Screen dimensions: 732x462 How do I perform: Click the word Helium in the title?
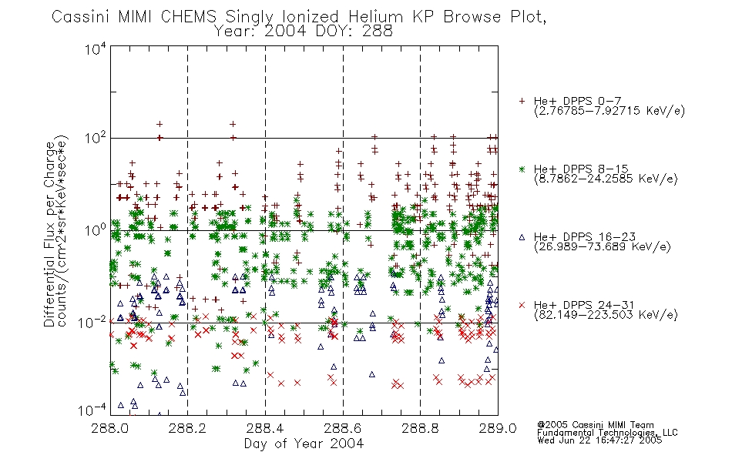375,17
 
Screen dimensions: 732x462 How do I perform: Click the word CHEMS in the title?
189,17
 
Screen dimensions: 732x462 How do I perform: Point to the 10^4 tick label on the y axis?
96,48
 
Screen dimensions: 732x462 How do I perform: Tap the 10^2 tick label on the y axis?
96,139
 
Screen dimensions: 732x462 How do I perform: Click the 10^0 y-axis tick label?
96,230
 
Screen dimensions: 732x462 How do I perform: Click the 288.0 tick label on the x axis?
110,428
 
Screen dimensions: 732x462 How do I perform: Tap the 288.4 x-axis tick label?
265,428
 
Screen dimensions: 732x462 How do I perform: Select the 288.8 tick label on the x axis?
420,428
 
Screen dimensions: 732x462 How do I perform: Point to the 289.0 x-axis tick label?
498,428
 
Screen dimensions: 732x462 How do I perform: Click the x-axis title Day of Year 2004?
304,444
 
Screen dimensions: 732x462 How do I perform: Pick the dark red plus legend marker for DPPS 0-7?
522,101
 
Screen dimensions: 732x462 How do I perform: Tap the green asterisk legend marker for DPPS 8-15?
522,169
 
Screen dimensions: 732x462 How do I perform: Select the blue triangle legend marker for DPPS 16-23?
522,237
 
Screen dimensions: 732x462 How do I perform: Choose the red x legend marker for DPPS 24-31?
522,305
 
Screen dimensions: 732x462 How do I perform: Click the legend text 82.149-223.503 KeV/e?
606,315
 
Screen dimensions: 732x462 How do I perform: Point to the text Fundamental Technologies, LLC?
607,433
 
